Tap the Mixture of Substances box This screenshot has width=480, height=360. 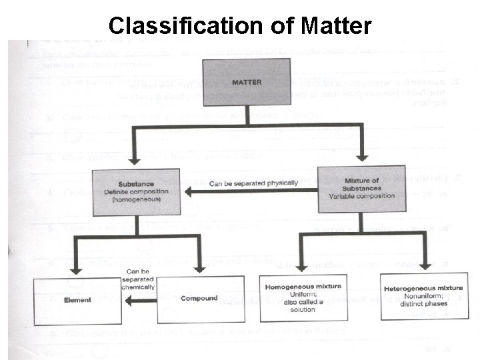(x=361, y=191)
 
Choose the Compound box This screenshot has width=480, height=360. (x=199, y=299)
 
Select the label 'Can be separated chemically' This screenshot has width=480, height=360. (x=138, y=279)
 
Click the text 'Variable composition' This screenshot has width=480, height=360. (x=361, y=196)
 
